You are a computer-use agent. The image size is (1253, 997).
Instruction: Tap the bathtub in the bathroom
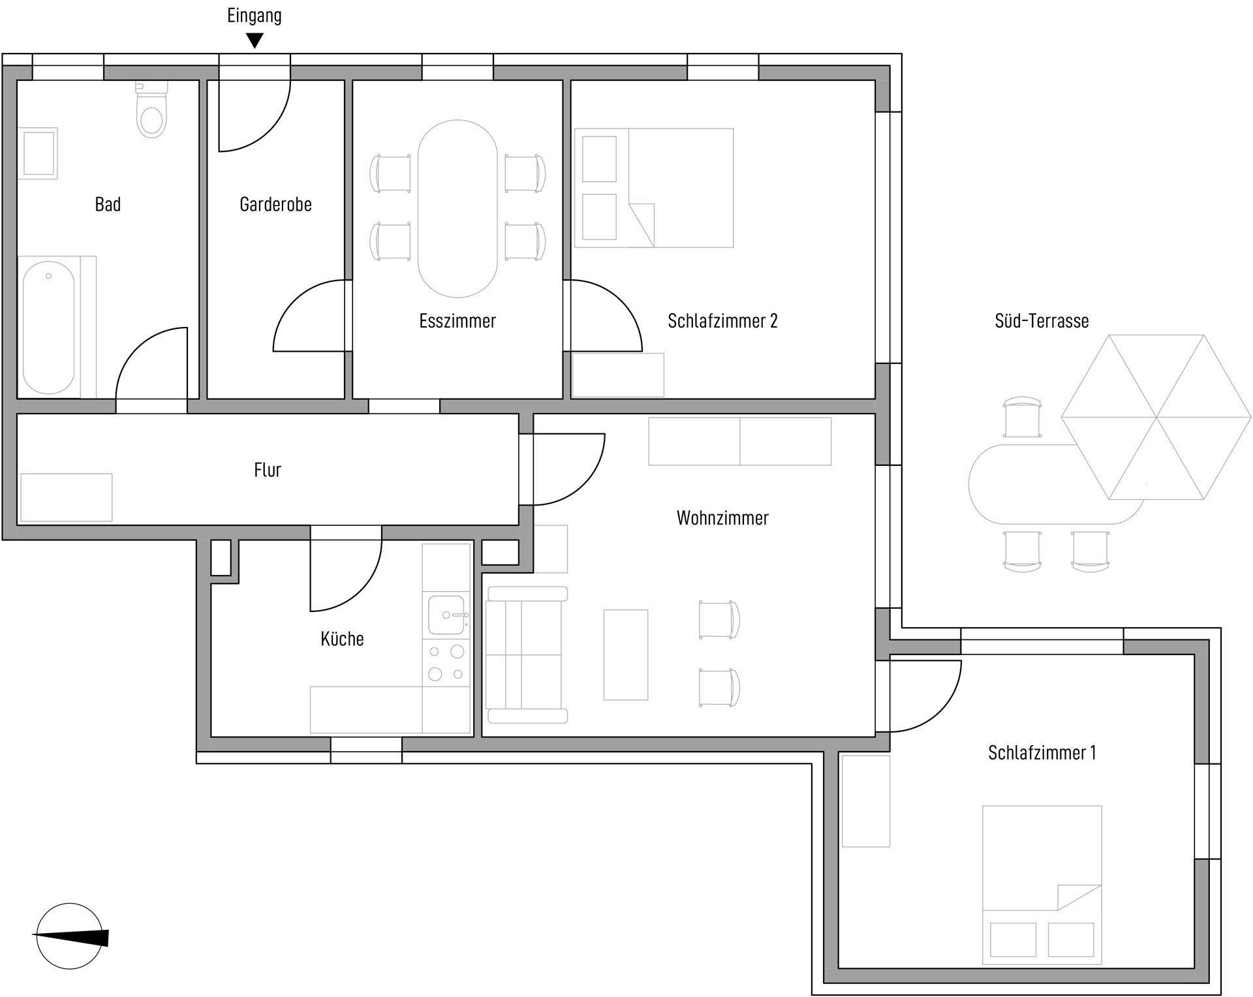click(x=48, y=331)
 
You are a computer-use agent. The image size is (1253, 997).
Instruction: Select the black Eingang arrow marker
click(x=255, y=41)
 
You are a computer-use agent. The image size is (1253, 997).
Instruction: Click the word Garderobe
click(x=275, y=204)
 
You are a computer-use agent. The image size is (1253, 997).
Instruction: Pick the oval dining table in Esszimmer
click(x=458, y=209)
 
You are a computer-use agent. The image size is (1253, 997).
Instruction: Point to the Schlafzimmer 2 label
click(x=722, y=320)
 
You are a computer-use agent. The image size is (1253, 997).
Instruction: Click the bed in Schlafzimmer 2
click(x=654, y=188)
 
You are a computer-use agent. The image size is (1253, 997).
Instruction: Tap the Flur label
click(x=268, y=470)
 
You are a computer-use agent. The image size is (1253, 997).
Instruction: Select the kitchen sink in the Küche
click(x=447, y=615)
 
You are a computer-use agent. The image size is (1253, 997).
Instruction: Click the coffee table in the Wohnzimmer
click(x=626, y=654)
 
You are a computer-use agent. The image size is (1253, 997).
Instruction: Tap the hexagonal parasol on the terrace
click(x=1156, y=417)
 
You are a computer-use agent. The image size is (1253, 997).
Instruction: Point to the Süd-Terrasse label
click(x=1042, y=320)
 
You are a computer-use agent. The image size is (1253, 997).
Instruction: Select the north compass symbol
click(x=70, y=937)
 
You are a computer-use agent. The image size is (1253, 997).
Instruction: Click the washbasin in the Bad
click(x=39, y=153)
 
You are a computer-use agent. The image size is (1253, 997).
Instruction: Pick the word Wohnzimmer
click(x=722, y=518)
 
